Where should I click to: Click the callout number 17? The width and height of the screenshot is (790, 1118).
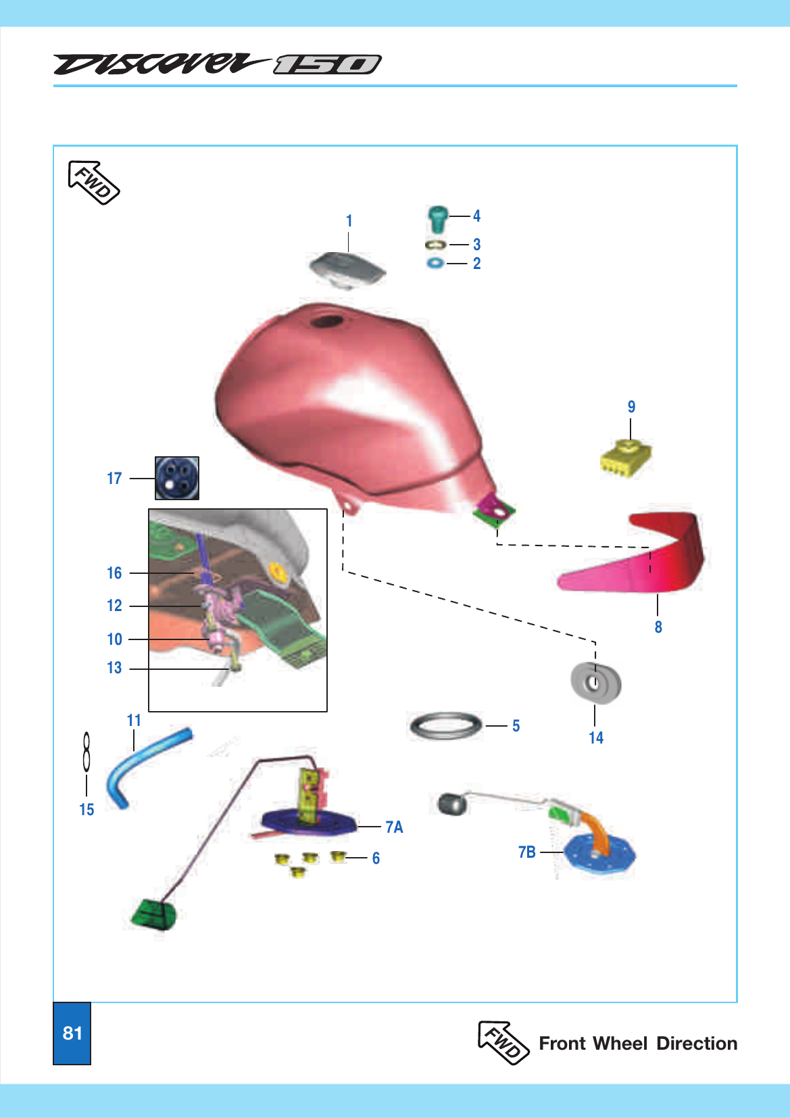114,479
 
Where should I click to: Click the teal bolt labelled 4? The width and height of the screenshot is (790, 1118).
437,218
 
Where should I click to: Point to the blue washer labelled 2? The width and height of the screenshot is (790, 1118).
436,263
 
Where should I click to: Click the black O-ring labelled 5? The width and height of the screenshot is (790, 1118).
446,726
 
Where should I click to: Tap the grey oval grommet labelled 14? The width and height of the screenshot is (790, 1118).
595,682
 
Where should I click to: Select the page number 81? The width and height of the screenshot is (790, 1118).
72,1033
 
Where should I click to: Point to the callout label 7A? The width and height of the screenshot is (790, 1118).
394,827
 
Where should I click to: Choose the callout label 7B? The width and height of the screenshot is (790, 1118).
527,852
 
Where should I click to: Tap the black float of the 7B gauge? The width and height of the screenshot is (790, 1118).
451,804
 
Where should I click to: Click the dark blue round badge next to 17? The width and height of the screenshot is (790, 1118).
177,478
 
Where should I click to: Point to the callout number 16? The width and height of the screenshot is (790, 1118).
114,573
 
